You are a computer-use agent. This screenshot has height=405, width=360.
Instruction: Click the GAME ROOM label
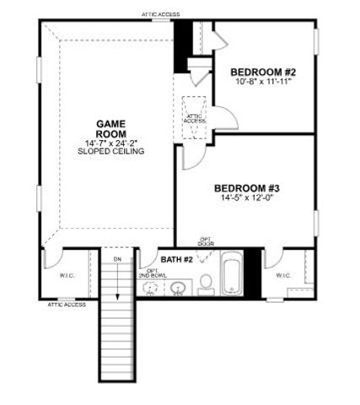(110, 127)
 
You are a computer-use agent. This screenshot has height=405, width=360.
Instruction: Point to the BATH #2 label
(178, 258)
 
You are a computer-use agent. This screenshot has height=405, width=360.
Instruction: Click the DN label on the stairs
(118, 258)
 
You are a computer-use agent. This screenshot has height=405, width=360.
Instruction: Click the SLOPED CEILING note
(110, 153)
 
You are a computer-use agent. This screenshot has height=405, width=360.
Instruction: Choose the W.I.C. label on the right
(284, 275)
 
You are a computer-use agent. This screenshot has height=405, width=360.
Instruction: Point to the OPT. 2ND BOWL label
(152, 273)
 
